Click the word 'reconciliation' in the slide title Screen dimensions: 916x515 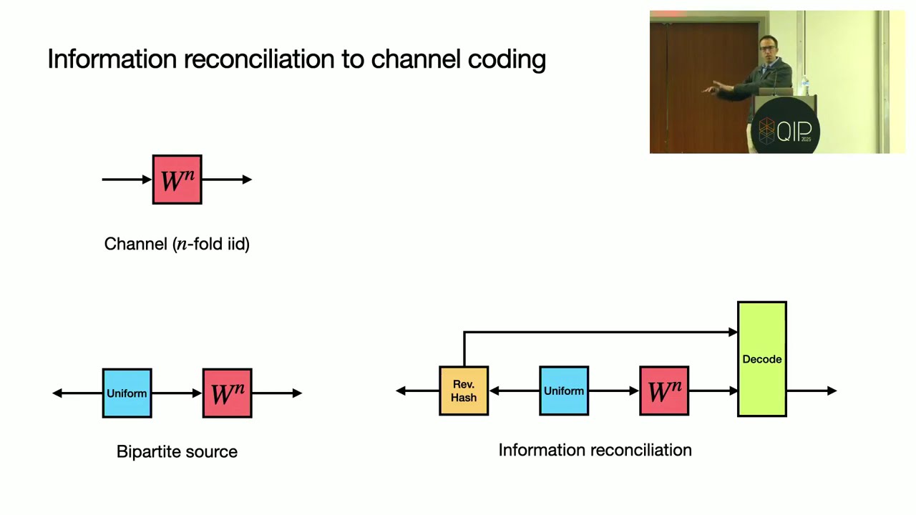click(x=259, y=59)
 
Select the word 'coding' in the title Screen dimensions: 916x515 click(x=507, y=60)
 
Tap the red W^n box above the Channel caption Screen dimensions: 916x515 click(x=177, y=180)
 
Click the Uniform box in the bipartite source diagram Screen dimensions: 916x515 click(x=127, y=393)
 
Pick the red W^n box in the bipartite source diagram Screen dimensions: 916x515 click(x=228, y=393)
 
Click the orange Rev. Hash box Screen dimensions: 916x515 click(x=464, y=391)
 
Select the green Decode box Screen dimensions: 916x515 click(x=762, y=359)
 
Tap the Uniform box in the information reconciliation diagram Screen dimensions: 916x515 click(x=564, y=391)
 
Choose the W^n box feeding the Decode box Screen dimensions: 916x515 click(x=664, y=391)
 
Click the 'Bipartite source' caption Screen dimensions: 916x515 click(x=177, y=452)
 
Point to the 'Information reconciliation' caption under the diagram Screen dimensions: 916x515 click(x=595, y=450)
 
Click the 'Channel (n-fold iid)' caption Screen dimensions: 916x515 click(x=177, y=244)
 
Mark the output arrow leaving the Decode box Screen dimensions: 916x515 click(x=812, y=391)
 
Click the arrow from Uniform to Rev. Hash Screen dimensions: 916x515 click(x=514, y=391)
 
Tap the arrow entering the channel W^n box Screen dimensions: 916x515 click(x=127, y=180)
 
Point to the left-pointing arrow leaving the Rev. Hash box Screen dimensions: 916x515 click(x=417, y=391)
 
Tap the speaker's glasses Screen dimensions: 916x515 click(x=768, y=49)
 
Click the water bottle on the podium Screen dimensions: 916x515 click(x=805, y=85)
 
